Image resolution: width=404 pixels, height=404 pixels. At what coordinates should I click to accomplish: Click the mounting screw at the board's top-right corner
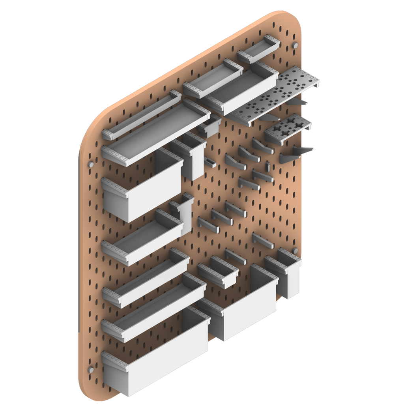coord(295,47)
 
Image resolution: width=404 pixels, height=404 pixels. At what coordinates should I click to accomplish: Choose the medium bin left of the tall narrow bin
coord(245,308)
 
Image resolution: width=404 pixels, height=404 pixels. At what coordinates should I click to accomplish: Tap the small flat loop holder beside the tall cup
coord(209,162)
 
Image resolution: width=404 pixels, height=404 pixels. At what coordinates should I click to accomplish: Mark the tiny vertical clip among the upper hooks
coord(267,166)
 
